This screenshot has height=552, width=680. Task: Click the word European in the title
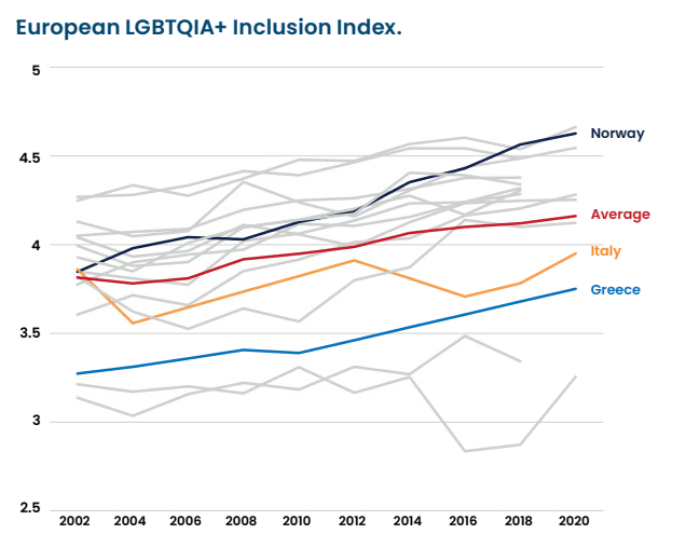pos(66,27)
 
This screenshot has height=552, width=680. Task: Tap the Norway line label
pos(617,133)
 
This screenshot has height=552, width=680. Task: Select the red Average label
pos(620,214)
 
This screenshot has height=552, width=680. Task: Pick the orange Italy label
pos(605,251)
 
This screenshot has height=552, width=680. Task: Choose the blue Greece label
pos(615,290)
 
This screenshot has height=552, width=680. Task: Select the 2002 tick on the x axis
pos(76,522)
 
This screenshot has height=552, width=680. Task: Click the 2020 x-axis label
pos(575,522)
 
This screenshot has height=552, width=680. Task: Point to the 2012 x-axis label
pos(353,522)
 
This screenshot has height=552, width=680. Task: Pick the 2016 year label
pos(464,522)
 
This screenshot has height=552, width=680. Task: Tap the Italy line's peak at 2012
pos(353,260)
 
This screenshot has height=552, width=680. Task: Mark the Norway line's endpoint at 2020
pos(575,133)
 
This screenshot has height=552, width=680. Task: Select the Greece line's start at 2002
pos(77,373)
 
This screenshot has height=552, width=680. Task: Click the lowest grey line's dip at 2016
pos(464,451)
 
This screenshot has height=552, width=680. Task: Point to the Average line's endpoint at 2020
pos(575,216)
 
